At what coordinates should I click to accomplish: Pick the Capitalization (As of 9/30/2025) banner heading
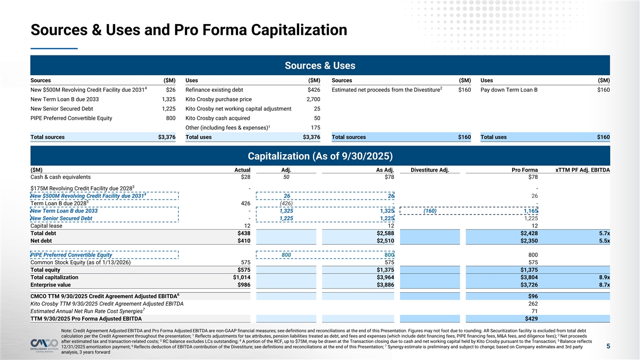point(320,156)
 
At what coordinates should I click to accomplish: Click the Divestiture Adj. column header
point(430,170)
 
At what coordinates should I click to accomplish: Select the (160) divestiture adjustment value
point(430,211)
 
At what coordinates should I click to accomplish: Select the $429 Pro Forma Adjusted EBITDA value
point(531,319)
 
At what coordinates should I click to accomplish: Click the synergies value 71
point(533,311)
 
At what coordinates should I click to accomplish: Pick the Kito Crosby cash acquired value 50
point(317,118)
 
